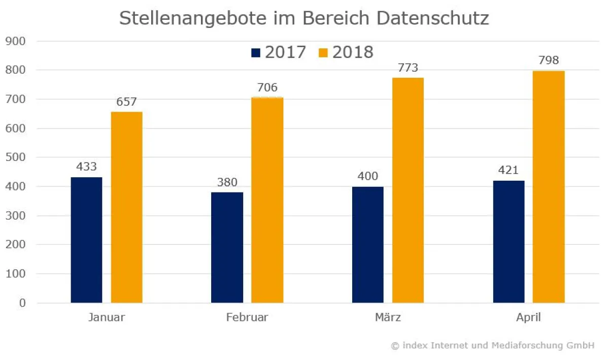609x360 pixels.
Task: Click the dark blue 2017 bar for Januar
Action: (x=86, y=240)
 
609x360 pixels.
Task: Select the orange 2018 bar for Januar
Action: (x=126, y=207)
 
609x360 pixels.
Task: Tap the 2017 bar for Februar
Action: (x=227, y=247)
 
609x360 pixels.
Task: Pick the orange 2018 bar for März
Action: (x=408, y=190)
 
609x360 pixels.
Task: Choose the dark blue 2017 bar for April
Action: (x=509, y=242)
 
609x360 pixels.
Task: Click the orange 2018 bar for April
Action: (x=549, y=187)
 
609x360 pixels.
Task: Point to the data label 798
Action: (x=549, y=60)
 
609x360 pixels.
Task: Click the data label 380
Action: (x=227, y=182)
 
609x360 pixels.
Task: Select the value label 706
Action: (x=267, y=87)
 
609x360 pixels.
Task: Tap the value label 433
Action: (x=86, y=167)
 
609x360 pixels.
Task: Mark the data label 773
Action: (x=408, y=68)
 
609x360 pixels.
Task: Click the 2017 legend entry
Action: (x=279, y=52)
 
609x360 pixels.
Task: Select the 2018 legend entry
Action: (x=346, y=52)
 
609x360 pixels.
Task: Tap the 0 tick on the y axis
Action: (x=22, y=303)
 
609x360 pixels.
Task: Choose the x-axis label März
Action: (x=388, y=318)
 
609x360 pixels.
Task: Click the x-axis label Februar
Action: (x=247, y=318)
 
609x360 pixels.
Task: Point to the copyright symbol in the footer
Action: (x=395, y=345)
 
